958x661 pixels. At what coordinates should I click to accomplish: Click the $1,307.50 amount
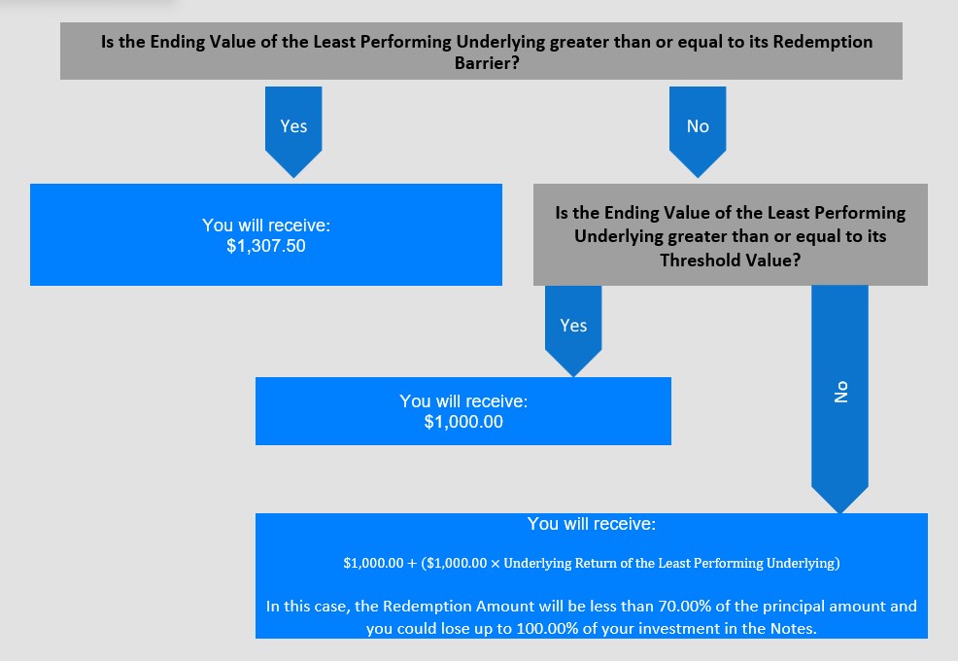(x=265, y=246)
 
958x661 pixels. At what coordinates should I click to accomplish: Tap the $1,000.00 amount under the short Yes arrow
(x=463, y=422)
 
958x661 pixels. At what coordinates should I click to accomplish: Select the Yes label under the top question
(x=293, y=126)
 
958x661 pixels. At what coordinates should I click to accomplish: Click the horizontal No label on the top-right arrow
(x=698, y=126)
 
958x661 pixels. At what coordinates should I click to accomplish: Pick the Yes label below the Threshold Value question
(x=573, y=325)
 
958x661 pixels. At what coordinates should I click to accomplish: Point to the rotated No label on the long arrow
(x=841, y=391)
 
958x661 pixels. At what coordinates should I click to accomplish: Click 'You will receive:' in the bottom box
(x=592, y=524)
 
